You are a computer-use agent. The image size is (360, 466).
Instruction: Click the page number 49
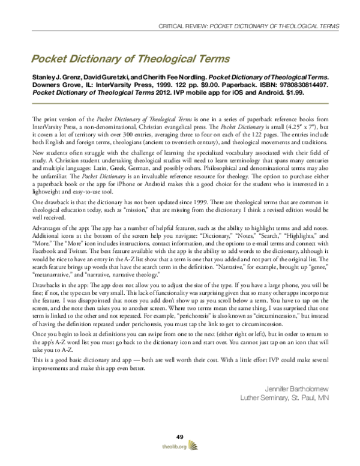(179, 436)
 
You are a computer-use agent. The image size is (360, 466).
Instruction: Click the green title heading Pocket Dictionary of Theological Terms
(116, 59)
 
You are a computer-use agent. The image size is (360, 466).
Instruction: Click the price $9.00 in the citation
(188, 86)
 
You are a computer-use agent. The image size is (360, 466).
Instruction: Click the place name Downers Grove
(45, 86)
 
